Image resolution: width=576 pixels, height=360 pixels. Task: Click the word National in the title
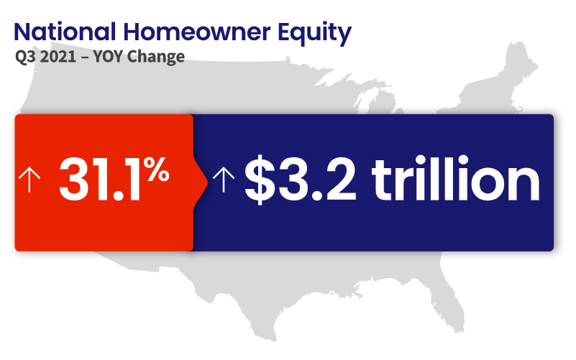tap(65, 32)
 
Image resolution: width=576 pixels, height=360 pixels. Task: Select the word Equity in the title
tap(314, 34)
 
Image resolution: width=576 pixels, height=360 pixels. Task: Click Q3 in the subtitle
tap(25, 57)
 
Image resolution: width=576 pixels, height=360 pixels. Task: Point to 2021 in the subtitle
tap(58, 57)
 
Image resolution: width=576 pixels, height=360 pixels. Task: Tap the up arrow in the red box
tap(29, 180)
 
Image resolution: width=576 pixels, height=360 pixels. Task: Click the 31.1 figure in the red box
tap(99, 179)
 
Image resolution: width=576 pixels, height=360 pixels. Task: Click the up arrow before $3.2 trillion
tap(224, 180)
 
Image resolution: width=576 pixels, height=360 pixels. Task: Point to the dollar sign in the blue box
tap(260, 179)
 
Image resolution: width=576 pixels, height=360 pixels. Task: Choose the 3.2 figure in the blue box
tap(316, 179)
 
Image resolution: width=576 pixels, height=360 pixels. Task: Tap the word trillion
tap(456, 177)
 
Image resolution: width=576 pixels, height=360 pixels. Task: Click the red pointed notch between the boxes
tap(201, 183)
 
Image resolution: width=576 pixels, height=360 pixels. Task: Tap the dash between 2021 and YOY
tap(85, 58)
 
